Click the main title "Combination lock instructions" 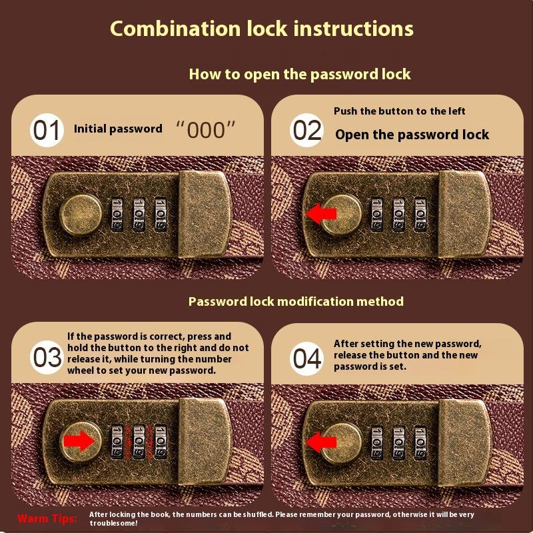[x=262, y=29]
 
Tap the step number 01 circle [x=47, y=130]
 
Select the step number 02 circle [x=307, y=130]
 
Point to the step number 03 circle [x=47, y=357]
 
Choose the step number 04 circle [x=307, y=358]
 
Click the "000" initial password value [x=206, y=129]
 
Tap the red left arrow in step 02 [x=321, y=214]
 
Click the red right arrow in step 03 [x=79, y=441]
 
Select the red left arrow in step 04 [x=321, y=442]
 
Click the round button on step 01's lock [x=81, y=215]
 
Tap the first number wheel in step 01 [x=117, y=215]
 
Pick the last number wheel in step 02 [x=420, y=215]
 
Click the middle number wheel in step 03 [x=139, y=442]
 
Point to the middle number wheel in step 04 [x=398, y=443]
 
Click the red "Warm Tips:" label [x=47, y=518]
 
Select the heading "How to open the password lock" [x=300, y=75]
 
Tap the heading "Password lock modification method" [x=296, y=302]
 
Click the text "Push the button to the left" [x=399, y=111]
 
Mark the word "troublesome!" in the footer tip [x=113, y=523]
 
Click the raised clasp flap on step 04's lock [x=464, y=442]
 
